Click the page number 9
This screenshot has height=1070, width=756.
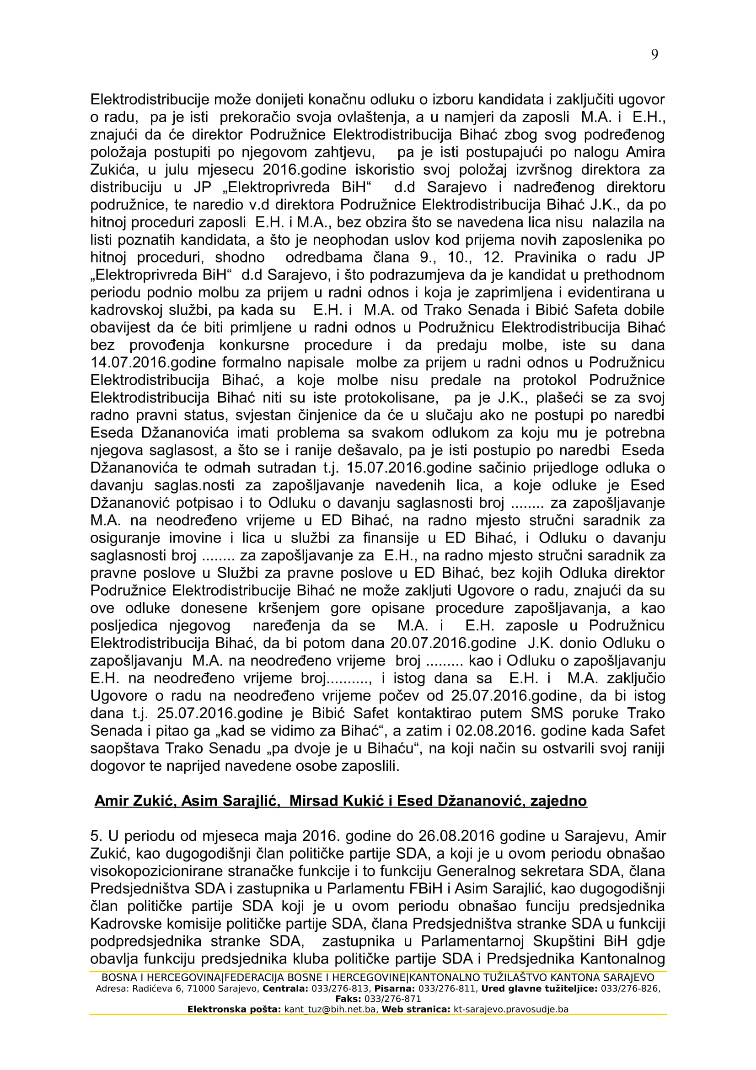pos(654,55)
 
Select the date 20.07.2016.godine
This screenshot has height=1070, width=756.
pos(453,644)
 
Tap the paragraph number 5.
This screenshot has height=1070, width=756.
pos(94,837)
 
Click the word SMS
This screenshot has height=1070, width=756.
pos(547,714)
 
